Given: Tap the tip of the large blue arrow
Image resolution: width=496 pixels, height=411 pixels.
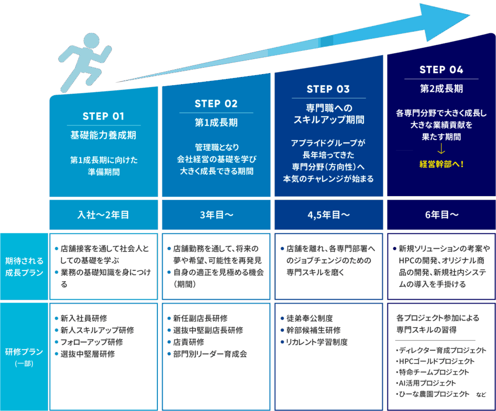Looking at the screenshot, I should (467, 16).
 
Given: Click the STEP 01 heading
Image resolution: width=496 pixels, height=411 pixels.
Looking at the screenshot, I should (104, 116).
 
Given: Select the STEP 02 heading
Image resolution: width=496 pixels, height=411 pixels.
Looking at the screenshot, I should (216, 104).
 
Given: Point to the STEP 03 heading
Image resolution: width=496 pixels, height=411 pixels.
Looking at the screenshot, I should (328, 89).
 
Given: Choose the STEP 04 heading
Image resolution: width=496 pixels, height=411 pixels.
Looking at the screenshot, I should (441, 70).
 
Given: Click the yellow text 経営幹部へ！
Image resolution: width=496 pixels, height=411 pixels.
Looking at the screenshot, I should (441, 164).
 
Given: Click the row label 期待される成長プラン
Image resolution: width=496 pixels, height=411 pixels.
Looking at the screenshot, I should (24, 266).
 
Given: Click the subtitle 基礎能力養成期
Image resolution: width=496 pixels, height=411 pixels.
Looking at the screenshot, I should (104, 135).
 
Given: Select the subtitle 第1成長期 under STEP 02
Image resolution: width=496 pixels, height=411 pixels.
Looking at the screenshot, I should (216, 122).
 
